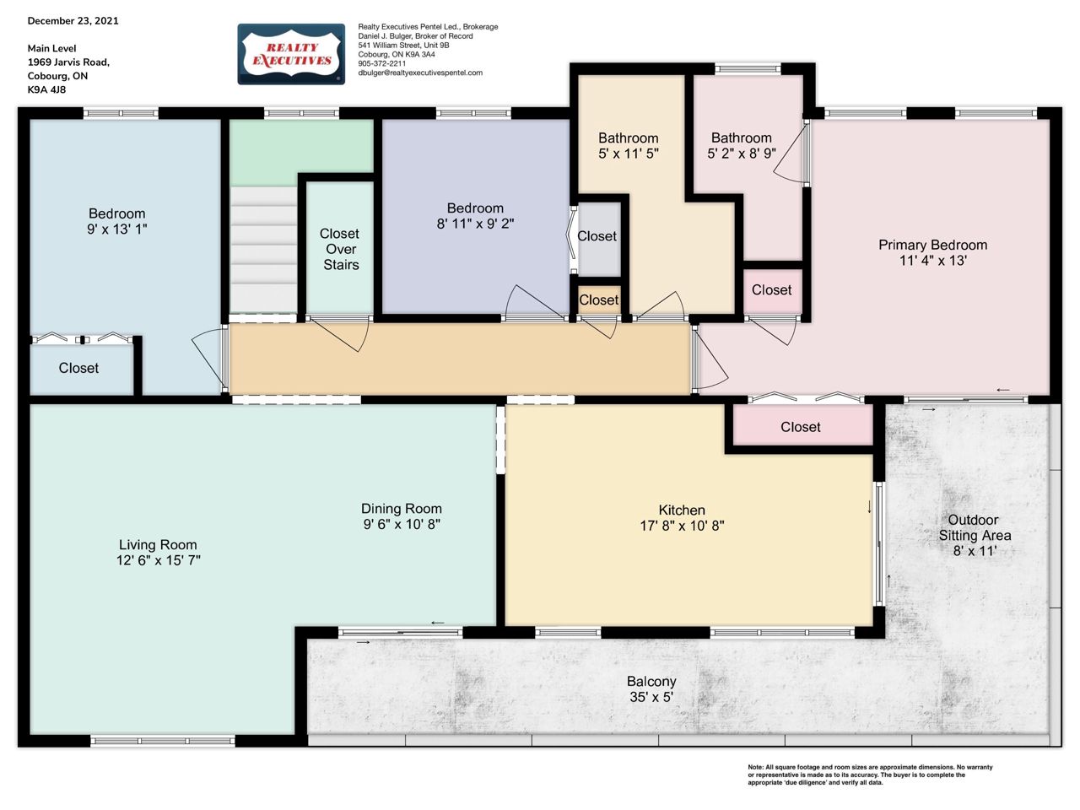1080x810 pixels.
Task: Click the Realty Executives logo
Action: pos(291,54)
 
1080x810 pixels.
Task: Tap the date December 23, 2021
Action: pos(73,20)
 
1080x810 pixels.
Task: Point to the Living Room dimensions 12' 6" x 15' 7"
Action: pos(159,560)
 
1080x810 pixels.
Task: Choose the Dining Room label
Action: pos(402,508)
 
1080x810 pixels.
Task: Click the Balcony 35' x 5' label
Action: pos(651,688)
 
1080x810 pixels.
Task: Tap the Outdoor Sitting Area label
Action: pos(975,535)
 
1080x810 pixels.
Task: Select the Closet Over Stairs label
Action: pos(340,249)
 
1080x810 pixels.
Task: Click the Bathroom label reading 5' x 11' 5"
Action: pos(629,146)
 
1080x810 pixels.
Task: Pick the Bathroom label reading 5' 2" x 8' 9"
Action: pos(741,146)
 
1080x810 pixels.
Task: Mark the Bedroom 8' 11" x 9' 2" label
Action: pos(475,216)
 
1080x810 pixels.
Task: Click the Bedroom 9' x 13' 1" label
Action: pos(117,221)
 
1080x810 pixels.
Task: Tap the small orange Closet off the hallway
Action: pos(599,300)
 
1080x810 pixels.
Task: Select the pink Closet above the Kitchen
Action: pos(800,426)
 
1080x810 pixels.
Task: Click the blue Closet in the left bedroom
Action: pos(78,368)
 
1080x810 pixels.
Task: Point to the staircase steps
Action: pos(263,250)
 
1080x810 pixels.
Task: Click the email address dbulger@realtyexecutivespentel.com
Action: pos(420,73)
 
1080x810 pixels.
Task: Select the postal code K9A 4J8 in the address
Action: pos(46,89)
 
